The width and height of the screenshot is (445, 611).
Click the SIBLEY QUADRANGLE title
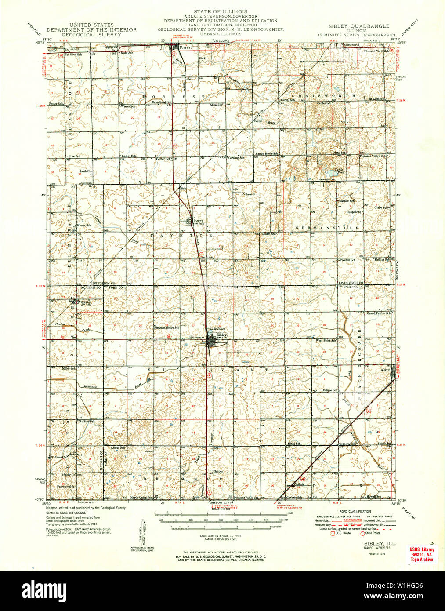[x=358, y=26]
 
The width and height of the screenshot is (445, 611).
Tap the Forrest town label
[x=185, y=47]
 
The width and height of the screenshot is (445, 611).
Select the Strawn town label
[x=199, y=221]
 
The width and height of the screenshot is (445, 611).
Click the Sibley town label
[x=222, y=335]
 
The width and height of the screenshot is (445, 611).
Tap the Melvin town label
[x=385, y=370]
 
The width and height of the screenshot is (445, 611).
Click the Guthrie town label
[x=299, y=484]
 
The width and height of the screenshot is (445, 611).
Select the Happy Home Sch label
[x=267, y=154]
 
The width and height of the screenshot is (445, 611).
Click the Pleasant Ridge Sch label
[x=166, y=327]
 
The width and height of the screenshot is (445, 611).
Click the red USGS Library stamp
[x=421, y=554]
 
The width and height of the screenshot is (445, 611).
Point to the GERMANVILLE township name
[x=327, y=228]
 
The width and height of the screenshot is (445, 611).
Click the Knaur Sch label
[x=84, y=225]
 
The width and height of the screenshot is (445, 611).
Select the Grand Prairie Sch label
[x=379, y=313]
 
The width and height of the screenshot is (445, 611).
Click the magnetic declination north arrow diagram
[x=143, y=534]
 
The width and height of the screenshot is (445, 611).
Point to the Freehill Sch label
[x=347, y=260]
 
